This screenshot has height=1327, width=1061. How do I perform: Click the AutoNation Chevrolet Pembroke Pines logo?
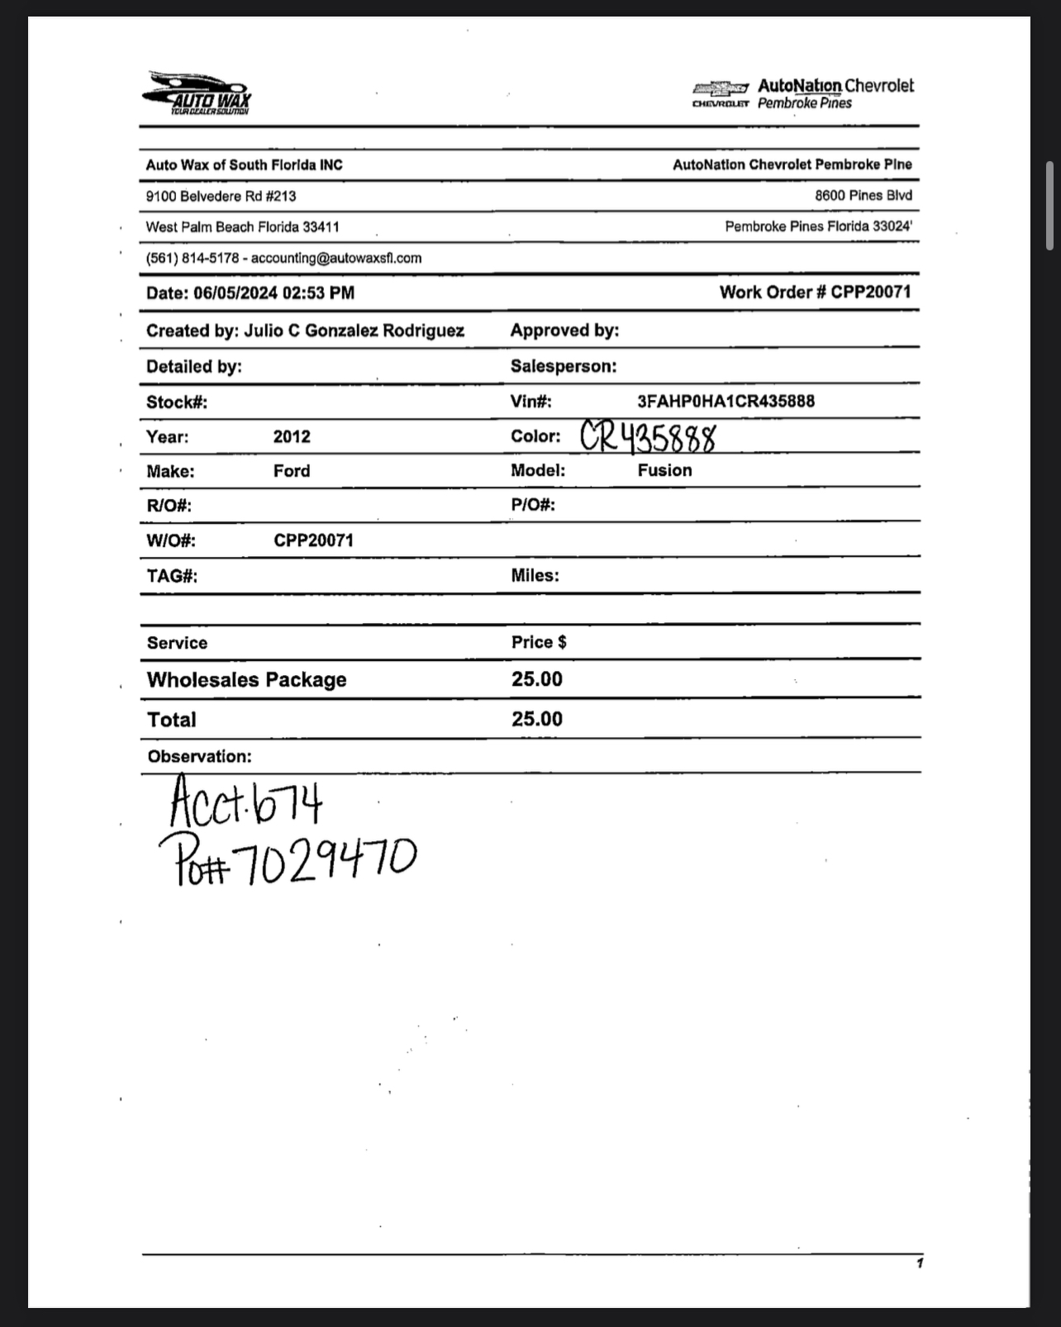(x=803, y=93)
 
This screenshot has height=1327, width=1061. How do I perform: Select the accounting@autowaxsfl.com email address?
(x=336, y=258)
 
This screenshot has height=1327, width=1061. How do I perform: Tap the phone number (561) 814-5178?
(x=192, y=258)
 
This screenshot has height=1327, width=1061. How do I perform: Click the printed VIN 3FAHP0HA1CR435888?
(x=726, y=402)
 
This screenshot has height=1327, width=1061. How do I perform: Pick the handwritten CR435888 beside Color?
(x=648, y=437)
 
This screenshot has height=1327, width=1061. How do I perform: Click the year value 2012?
(x=292, y=436)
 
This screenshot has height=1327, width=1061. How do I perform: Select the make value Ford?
(x=292, y=471)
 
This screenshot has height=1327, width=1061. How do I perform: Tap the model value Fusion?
(x=664, y=470)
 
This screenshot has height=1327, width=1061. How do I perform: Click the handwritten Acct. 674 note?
(x=245, y=801)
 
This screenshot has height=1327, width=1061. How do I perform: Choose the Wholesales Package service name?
(x=246, y=679)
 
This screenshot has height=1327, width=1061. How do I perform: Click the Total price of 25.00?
(x=536, y=719)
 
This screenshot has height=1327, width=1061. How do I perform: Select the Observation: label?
(x=199, y=756)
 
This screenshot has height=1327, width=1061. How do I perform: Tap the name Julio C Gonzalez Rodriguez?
(x=354, y=331)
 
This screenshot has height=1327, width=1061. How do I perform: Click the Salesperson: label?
(x=563, y=366)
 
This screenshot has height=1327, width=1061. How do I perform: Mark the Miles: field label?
(x=535, y=575)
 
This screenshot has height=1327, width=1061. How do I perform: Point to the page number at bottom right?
(x=919, y=1263)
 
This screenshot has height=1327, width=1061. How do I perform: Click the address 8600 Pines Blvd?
(x=864, y=196)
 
